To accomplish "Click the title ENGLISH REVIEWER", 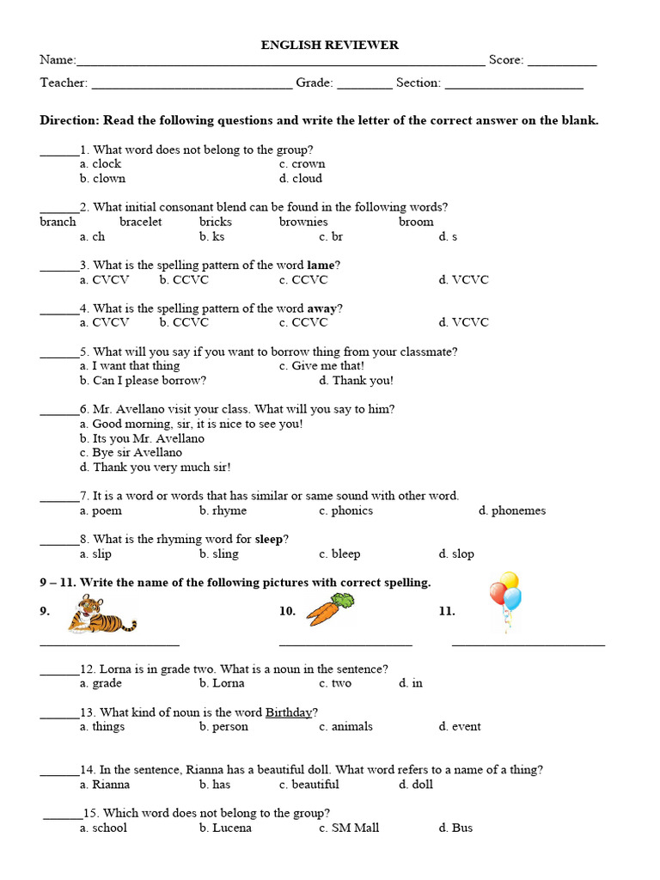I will tap(330, 45).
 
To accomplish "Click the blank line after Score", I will tap(561, 64).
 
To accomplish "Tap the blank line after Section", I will tap(514, 87).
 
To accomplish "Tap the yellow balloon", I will tap(509, 581).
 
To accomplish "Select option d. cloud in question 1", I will tap(301, 179).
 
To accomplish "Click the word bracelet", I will tap(140, 222).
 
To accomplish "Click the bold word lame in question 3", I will tap(320, 266).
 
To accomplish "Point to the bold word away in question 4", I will tap(321, 309).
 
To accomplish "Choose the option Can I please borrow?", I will tap(143, 381).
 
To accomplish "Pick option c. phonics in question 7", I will tap(345, 511).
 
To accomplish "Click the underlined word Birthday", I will tap(288, 712).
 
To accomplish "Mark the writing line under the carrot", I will tap(345, 644).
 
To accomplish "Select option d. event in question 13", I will tap(460, 727).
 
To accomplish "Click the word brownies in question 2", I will tap(303, 222).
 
